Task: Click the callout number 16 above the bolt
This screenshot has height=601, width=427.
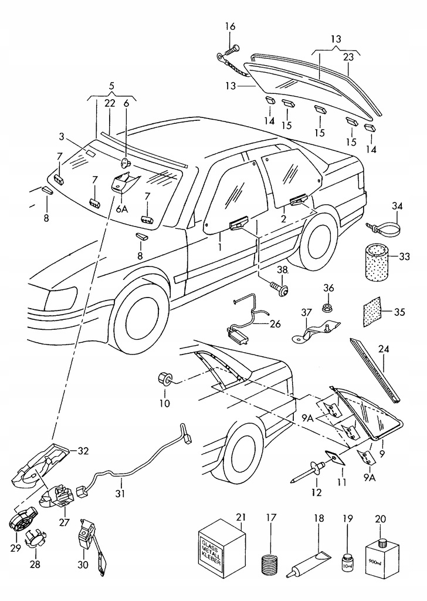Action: click(230, 26)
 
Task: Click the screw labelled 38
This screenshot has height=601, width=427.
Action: click(279, 288)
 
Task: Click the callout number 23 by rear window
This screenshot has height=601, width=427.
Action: click(348, 58)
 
